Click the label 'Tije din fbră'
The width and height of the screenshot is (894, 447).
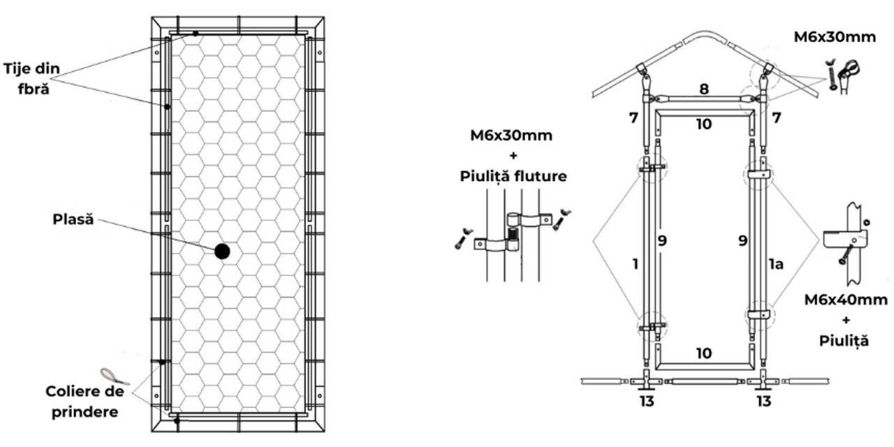click(32, 79)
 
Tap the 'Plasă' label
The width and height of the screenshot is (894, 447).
click(73, 219)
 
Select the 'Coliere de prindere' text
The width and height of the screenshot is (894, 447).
click(85, 402)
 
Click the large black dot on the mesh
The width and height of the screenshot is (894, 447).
click(222, 251)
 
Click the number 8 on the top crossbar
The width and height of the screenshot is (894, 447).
click(704, 89)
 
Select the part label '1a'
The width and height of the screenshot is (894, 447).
click(776, 264)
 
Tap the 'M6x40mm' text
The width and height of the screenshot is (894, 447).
click(846, 300)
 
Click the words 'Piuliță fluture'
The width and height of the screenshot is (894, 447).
click(513, 176)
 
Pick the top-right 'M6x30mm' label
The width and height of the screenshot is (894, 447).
click(835, 37)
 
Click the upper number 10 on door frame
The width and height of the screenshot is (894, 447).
click(704, 124)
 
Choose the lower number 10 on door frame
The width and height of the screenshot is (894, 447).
click(704, 353)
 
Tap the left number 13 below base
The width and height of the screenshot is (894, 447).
click(647, 401)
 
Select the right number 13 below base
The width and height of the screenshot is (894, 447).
click(764, 401)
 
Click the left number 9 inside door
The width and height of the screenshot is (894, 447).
click(662, 241)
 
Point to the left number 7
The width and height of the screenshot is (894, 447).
click(633, 118)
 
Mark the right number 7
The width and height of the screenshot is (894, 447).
click(776, 118)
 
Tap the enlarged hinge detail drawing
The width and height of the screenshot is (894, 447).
click(513, 235)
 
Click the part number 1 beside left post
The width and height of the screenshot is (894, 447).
click(636, 264)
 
